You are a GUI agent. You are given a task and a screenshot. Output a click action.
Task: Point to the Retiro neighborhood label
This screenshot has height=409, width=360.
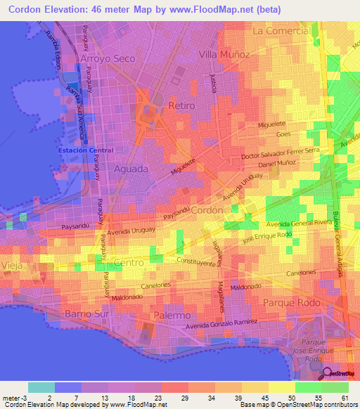coord(182,105)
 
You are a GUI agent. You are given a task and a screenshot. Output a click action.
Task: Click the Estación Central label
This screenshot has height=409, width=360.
coord(84,150)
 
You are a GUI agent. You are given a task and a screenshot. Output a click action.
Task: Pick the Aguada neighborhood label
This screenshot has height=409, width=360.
coord(131,169)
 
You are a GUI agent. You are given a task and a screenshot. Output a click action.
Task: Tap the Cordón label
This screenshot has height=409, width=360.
coord(207,209)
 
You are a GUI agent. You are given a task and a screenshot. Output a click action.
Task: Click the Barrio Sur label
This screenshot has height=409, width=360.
coord(88,313)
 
